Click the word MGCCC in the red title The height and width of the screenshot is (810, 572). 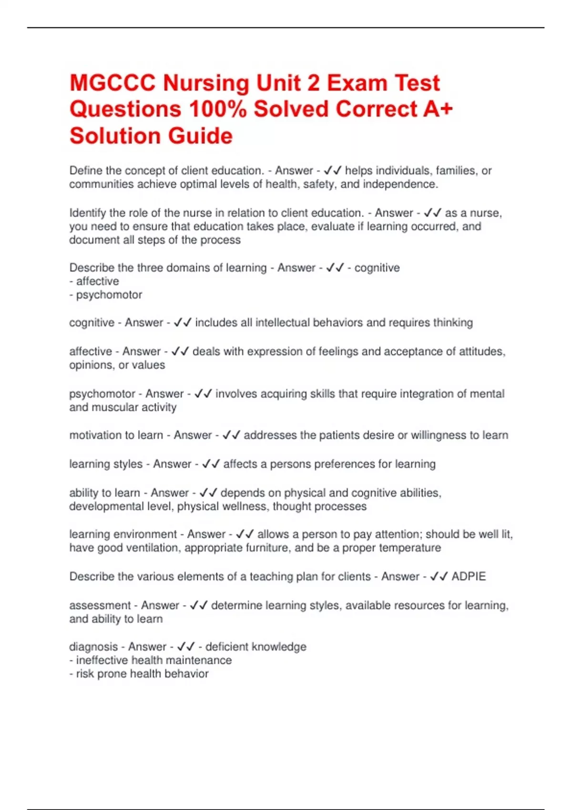(112, 83)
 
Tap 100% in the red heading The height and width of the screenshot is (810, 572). (218, 109)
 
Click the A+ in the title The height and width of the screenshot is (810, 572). (438, 109)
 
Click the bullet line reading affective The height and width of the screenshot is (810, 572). (94, 281)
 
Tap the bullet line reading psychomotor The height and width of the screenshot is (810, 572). (106, 295)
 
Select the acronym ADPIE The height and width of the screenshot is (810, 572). (469, 577)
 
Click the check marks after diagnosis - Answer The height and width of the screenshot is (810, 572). (186, 647)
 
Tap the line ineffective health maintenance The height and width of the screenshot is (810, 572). (151, 660)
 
